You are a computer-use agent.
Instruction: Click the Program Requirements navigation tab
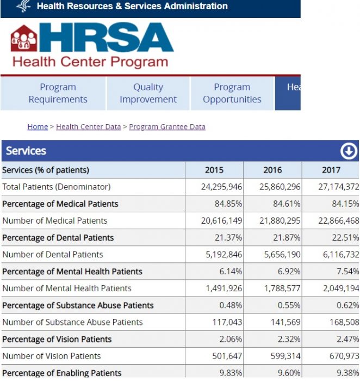click(58, 94)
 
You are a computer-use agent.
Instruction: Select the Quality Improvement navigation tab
click(148, 94)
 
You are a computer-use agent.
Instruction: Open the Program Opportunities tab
click(232, 94)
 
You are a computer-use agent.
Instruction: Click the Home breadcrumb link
click(38, 127)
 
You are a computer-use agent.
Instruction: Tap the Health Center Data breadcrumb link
click(88, 127)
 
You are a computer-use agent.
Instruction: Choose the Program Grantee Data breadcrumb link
click(167, 127)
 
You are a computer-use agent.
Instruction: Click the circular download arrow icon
click(349, 151)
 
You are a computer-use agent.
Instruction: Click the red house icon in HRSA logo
click(24, 39)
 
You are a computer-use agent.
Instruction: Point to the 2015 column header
click(214, 170)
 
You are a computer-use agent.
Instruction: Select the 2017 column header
click(331, 170)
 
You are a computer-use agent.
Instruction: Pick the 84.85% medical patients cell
click(228, 204)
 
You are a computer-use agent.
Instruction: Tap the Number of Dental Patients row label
click(52, 254)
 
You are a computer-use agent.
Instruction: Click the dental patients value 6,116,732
click(338, 254)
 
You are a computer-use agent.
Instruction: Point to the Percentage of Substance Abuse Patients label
click(78, 305)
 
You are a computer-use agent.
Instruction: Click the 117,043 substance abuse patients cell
click(227, 322)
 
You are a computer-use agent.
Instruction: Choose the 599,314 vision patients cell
click(286, 356)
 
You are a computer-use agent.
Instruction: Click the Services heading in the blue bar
click(26, 151)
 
